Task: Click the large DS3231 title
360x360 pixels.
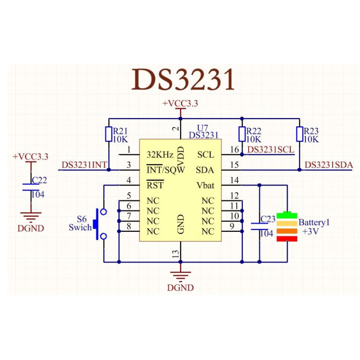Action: click(183, 80)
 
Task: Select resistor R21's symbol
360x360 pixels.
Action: click(108, 134)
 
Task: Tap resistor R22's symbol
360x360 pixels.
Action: click(242, 134)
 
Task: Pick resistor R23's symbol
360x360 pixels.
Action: click(299, 134)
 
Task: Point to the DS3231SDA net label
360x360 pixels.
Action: click(328, 165)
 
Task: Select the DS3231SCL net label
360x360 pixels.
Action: click(271, 149)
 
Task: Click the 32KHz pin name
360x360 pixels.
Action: click(160, 154)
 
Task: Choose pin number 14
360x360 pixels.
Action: click(234, 180)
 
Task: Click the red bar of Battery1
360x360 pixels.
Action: click(287, 239)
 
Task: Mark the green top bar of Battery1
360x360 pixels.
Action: click(287, 215)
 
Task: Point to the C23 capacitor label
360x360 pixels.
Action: click(268, 219)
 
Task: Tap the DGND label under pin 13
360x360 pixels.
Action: click(180, 287)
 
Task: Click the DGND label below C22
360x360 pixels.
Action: click(31, 228)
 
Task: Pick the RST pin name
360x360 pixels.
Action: click(155, 185)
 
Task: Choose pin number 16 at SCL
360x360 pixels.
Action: click(234, 149)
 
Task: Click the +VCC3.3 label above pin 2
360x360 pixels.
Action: click(180, 104)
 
